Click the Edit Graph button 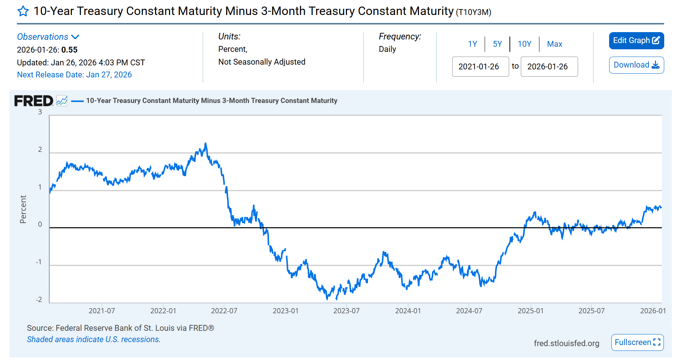[x=636, y=41]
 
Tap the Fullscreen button [x=637, y=342]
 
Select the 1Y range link [x=473, y=44]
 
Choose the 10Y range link [x=524, y=44]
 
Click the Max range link [x=554, y=44]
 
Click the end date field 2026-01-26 [x=549, y=66]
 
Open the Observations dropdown [x=48, y=37]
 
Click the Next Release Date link [x=74, y=75]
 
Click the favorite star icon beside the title [x=23, y=11]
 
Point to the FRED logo [x=34, y=101]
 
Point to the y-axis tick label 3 [x=40, y=112]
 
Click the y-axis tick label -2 [x=39, y=300]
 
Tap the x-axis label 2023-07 [x=346, y=311]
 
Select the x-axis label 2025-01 [x=530, y=311]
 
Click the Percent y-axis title [x=23, y=209]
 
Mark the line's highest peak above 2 [x=205, y=143]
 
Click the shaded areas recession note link [x=94, y=340]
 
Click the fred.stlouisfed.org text [x=566, y=343]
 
